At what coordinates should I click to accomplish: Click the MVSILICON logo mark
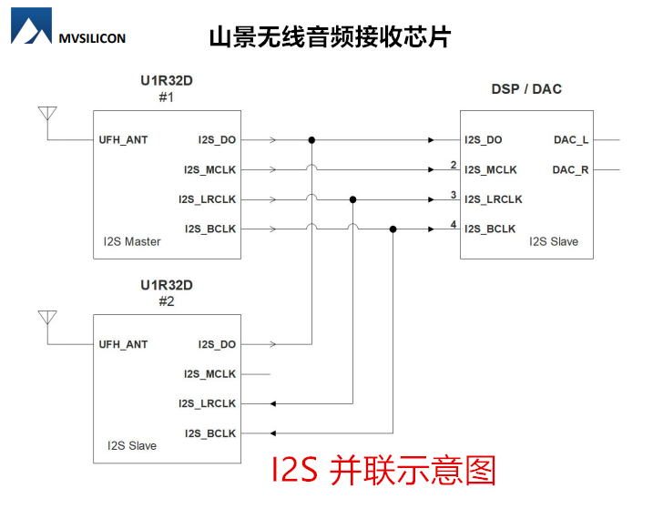31,27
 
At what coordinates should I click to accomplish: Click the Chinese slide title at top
330,37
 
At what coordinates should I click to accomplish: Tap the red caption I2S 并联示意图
383,470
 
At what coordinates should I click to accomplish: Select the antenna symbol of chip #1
47,115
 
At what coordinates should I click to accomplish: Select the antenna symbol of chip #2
47,319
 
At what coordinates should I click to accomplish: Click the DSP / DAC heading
526,89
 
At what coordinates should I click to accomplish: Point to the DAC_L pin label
571,140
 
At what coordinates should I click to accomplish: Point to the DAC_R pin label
571,170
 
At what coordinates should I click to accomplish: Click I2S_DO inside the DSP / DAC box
483,140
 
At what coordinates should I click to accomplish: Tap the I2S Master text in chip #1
132,241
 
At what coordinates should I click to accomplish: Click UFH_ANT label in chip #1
123,140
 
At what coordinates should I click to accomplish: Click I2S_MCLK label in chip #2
209,374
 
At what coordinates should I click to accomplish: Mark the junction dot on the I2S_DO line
311,140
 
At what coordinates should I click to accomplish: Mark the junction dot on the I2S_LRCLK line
352,199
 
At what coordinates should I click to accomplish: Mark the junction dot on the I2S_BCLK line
393,229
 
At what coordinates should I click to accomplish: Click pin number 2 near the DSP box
453,165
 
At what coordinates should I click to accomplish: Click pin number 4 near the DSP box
453,224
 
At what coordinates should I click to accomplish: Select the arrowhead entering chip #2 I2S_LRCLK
272,403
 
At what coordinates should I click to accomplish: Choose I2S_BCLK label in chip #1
209,229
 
